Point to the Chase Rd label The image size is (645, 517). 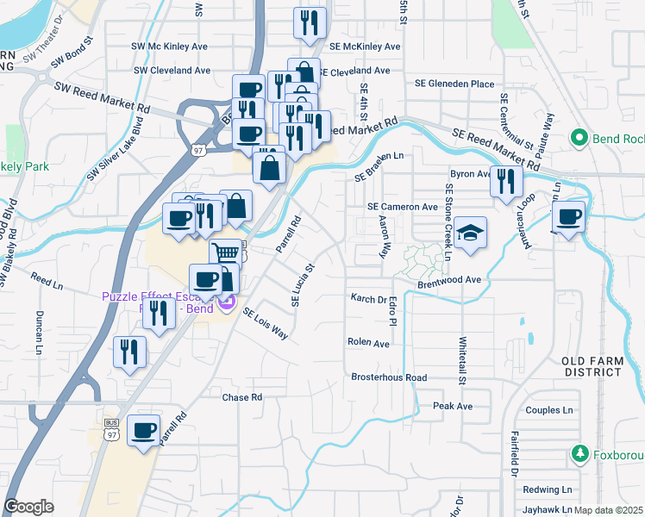click(x=241, y=397)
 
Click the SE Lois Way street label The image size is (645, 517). click(x=264, y=324)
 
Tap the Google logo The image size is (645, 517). click(x=28, y=507)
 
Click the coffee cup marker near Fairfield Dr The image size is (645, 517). click(x=143, y=430)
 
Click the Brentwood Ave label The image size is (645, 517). click(x=448, y=280)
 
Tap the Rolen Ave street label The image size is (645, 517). click(x=368, y=342)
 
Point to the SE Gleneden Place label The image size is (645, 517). click(x=454, y=84)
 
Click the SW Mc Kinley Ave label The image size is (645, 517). click(x=170, y=46)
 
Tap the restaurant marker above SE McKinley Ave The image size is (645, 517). click(x=310, y=23)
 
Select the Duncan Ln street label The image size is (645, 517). click(x=39, y=333)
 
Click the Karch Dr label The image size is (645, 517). click(x=369, y=299)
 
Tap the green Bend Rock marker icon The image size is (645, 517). click(x=579, y=138)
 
